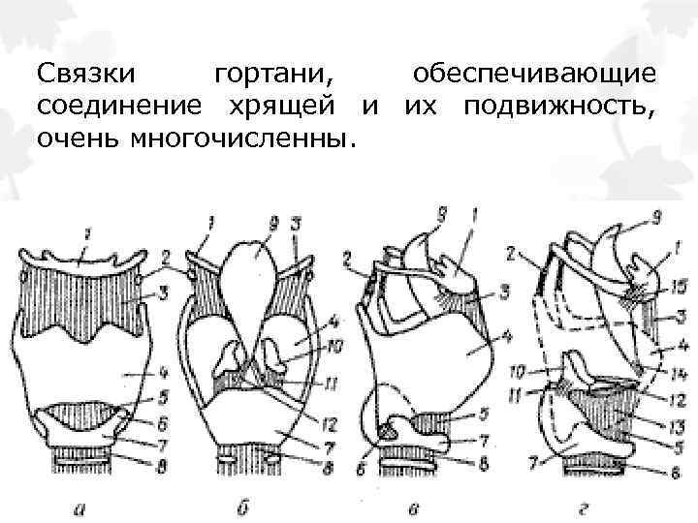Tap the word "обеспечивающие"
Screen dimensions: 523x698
tap(534, 74)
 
